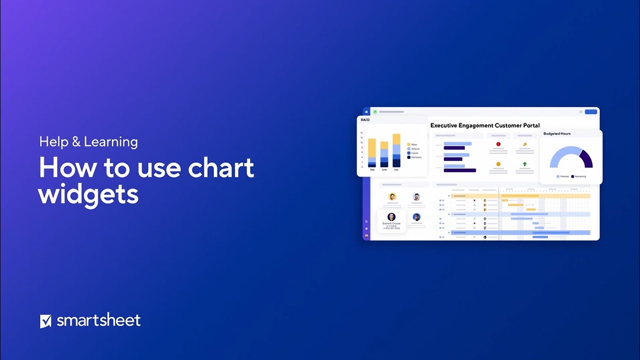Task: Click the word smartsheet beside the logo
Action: (98, 320)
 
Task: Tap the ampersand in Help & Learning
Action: (76, 142)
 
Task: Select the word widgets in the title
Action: (88, 193)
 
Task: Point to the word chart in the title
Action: (220, 167)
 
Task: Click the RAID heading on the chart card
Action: (365, 120)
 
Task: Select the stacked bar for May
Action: (372, 152)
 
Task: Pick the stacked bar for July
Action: (396, 150)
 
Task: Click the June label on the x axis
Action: (384, 170)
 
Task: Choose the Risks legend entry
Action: (414, 144)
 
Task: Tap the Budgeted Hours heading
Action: (556, 133)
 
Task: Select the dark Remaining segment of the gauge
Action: (586, 159)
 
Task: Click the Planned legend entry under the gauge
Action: (562, 176)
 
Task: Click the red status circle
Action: (498, 144)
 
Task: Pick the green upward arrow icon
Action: (524, 164)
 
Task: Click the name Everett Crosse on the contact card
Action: (391, 223)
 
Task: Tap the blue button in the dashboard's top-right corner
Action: (591, 111)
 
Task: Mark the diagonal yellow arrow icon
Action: (524, 144)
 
